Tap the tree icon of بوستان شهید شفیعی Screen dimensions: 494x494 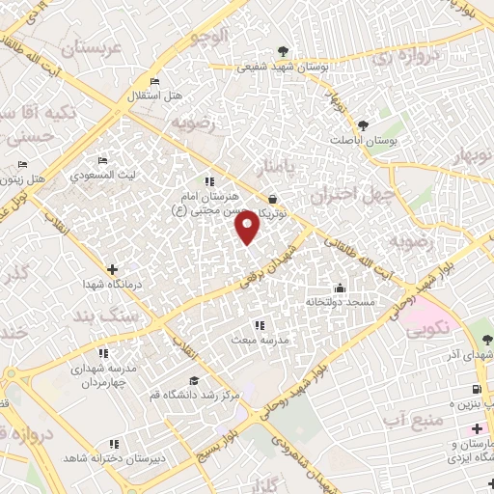coord(282,51)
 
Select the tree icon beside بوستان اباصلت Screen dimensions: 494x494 coord(363,124)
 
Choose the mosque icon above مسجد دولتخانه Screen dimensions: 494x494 coord(340,288)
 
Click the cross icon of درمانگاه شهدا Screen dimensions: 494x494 coord(113,269)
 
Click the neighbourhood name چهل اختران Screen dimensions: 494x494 coord(346,194)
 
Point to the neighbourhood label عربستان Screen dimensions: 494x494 coord(89,47)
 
